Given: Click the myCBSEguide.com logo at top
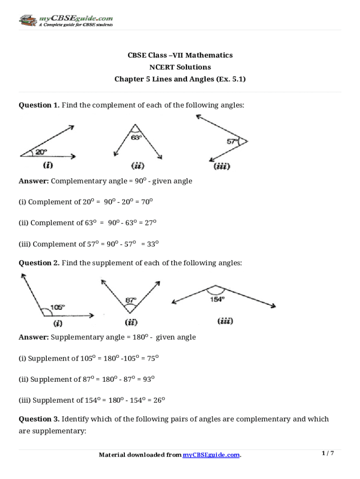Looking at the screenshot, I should click(x=65, y=21).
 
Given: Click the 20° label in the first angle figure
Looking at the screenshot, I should click(x=41, y=152).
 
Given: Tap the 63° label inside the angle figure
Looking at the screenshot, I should click(x=136, y=138).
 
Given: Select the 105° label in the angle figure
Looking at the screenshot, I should click(x=57, y=307).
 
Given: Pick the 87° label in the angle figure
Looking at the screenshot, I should click(x=131, y=300).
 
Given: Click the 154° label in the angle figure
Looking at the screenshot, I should click(x=216, y=299).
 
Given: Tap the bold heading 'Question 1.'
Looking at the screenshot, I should click(x=39, y=105).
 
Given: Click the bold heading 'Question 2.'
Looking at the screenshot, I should click(x=39, y=263).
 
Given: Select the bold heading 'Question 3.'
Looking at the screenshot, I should click(x=39, y=419).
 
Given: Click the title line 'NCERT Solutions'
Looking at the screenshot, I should click(x=180, y=67).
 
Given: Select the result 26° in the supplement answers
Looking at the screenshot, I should click(x=159, y=400).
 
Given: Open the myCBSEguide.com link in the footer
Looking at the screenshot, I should click(x=211, y=455).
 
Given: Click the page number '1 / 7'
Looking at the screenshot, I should click(x=328, y=453).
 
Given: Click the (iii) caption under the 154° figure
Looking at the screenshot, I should click(x=225, y=321).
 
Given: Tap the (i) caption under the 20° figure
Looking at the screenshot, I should click(x=47, y=165).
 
